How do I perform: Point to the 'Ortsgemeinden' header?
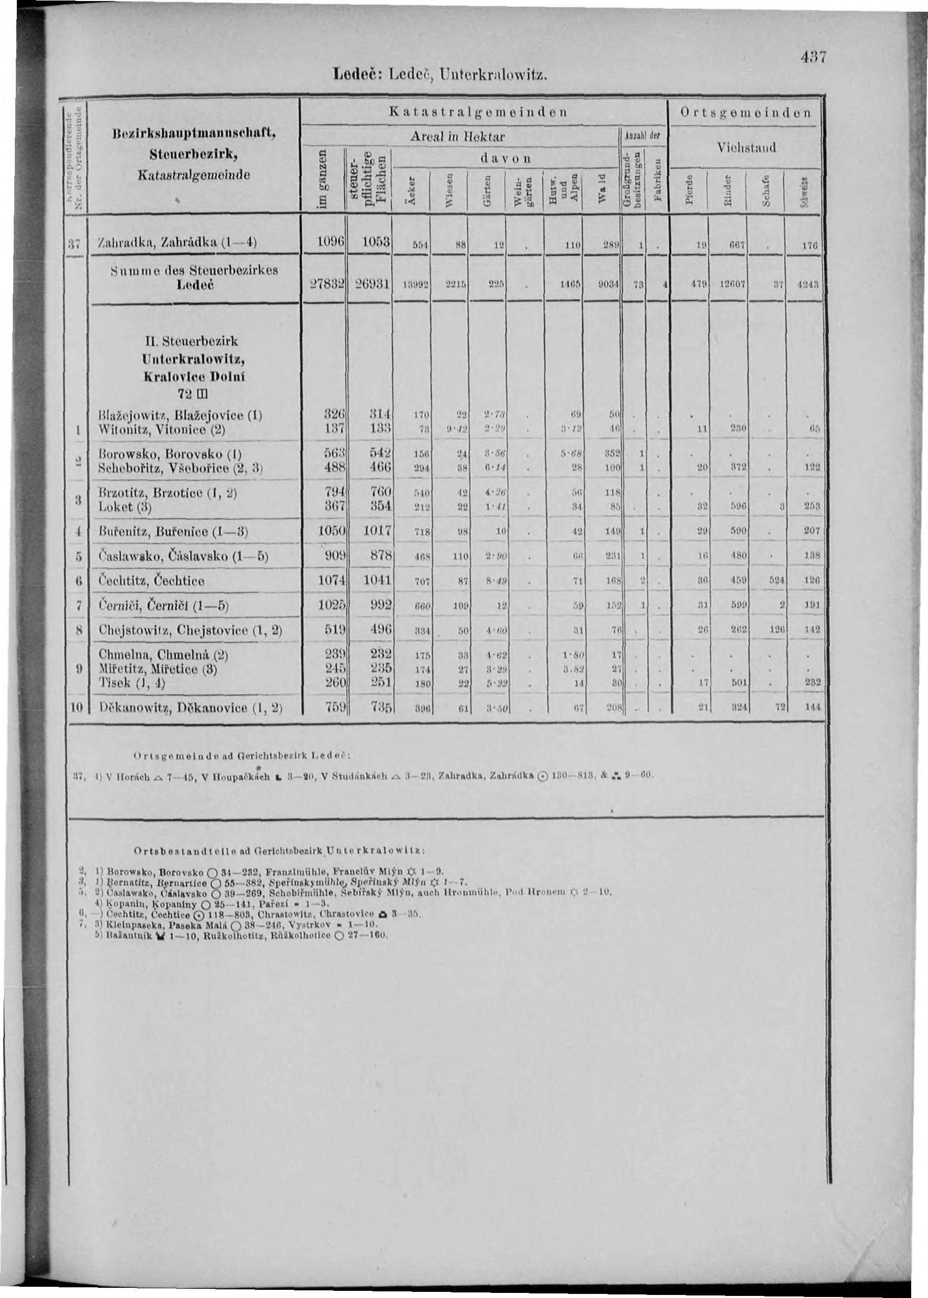746,113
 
